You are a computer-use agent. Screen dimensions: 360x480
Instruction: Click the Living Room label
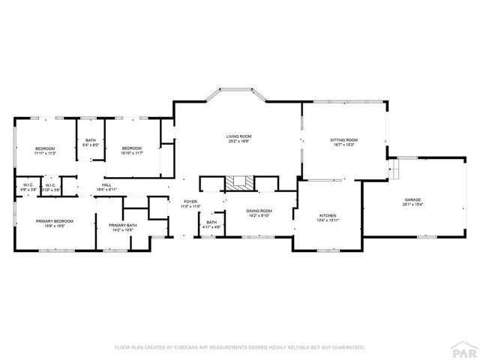pos(238,136)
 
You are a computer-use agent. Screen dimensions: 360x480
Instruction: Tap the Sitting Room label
pos(344,139)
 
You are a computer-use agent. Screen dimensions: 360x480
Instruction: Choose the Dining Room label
pos(259,211)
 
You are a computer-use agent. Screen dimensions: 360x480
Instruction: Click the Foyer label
pos(191,201)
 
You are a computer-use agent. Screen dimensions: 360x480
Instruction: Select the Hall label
pos(107,186)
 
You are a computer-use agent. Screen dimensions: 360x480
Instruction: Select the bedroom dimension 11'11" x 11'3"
pos(45,153)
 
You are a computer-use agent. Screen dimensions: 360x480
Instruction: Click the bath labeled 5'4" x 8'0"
pos(91,145)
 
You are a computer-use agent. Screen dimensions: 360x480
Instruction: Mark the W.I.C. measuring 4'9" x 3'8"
pos(28,188)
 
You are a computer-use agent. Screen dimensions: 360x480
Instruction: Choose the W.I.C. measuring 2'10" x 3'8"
pos(50,188)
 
